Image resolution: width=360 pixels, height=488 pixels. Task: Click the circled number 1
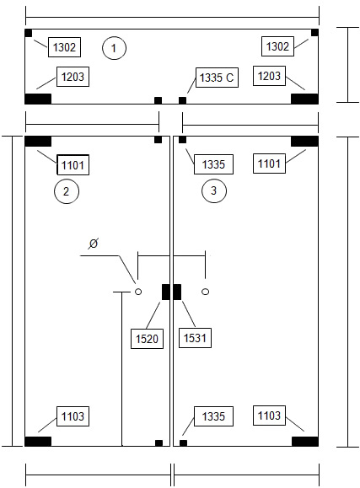[x=114, y=48]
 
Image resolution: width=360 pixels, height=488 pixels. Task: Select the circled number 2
[x=67, y=191]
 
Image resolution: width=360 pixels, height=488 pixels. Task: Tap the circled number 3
[x=214, y=190]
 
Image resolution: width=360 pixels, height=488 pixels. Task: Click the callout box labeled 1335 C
[x=217, y=78]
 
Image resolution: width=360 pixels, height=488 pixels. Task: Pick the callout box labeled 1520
[x=147, y=339]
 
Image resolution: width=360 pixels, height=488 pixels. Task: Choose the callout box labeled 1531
[x=195, y=338]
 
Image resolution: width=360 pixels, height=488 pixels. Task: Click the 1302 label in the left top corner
[x=64, y=47]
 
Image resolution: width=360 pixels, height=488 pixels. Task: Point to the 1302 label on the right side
[x=277, y=46]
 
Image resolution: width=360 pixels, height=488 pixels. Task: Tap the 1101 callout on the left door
[x=73, y=164]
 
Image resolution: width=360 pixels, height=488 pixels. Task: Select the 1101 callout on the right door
[x=270, y=164]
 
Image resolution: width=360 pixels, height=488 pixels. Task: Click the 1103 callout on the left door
[x=73, y=416]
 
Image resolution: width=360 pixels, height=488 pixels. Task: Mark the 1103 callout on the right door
[x=270, y=416]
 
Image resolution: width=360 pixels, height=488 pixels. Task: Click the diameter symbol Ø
[x=93, y=243]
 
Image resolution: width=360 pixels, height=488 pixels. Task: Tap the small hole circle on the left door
[x=138, y=292]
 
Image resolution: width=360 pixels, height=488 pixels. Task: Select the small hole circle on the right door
[x=205, y=292]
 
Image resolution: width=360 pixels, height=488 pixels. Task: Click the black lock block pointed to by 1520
[x=166, y=292]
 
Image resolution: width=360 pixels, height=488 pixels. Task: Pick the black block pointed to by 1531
[x=177, y=292]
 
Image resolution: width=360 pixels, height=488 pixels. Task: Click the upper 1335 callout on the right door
[x=213, y=164]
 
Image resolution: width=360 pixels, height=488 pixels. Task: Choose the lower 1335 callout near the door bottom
[x=213, y=416]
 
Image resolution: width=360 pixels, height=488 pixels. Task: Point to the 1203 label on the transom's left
[x=73, y=77]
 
